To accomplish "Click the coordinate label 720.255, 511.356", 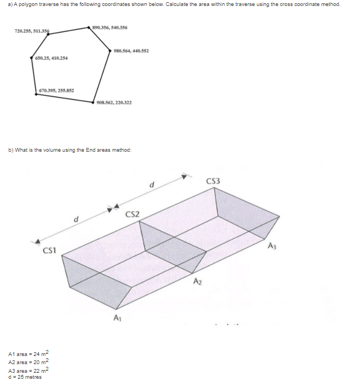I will [31, 31].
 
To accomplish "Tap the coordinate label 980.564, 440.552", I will [131, 51].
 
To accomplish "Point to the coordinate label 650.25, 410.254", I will [51, 58].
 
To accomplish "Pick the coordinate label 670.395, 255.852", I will [56, 90].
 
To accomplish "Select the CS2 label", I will [133, 214].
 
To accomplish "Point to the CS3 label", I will [213, 180].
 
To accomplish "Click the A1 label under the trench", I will [117, 318].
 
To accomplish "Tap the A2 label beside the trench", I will [198, 280].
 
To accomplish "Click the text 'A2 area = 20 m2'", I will [29, 362].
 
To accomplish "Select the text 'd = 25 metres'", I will [25, 377].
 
